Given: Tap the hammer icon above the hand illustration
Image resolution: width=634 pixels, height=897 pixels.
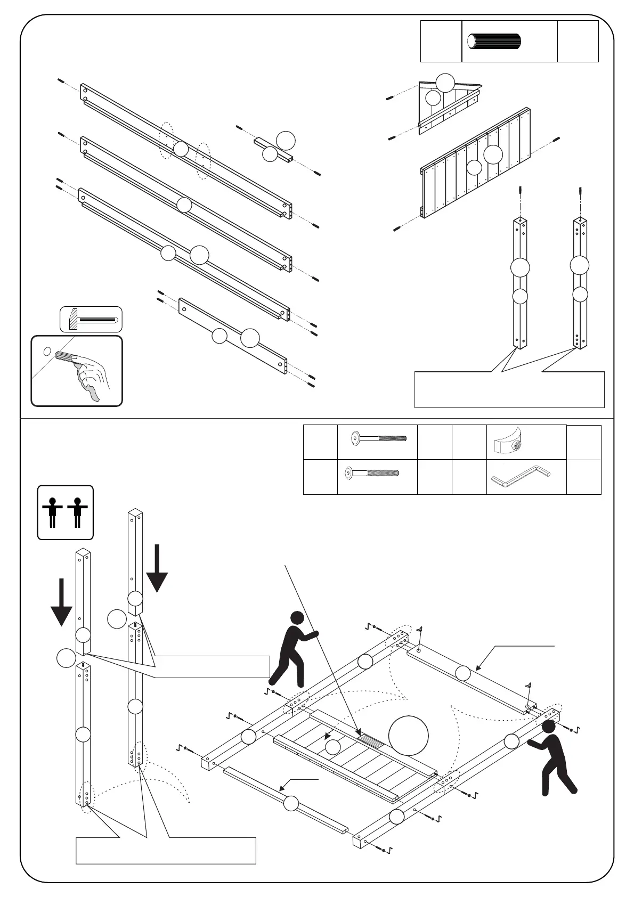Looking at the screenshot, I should click(x=91, y=319).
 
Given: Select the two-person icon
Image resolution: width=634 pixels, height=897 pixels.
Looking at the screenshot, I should click(x=65, y=512).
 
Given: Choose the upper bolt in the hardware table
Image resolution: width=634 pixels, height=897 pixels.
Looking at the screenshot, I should click(x=378, y=439).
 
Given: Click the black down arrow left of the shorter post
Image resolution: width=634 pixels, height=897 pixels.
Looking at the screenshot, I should click(x=61, y=602).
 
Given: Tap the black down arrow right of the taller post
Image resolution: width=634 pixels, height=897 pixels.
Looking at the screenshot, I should click(x=157, y=568).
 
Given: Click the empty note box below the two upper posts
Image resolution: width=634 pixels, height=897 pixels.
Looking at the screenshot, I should click(x=509, y=389).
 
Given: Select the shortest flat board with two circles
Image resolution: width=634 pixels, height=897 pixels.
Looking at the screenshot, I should click(x=233, y=337).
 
